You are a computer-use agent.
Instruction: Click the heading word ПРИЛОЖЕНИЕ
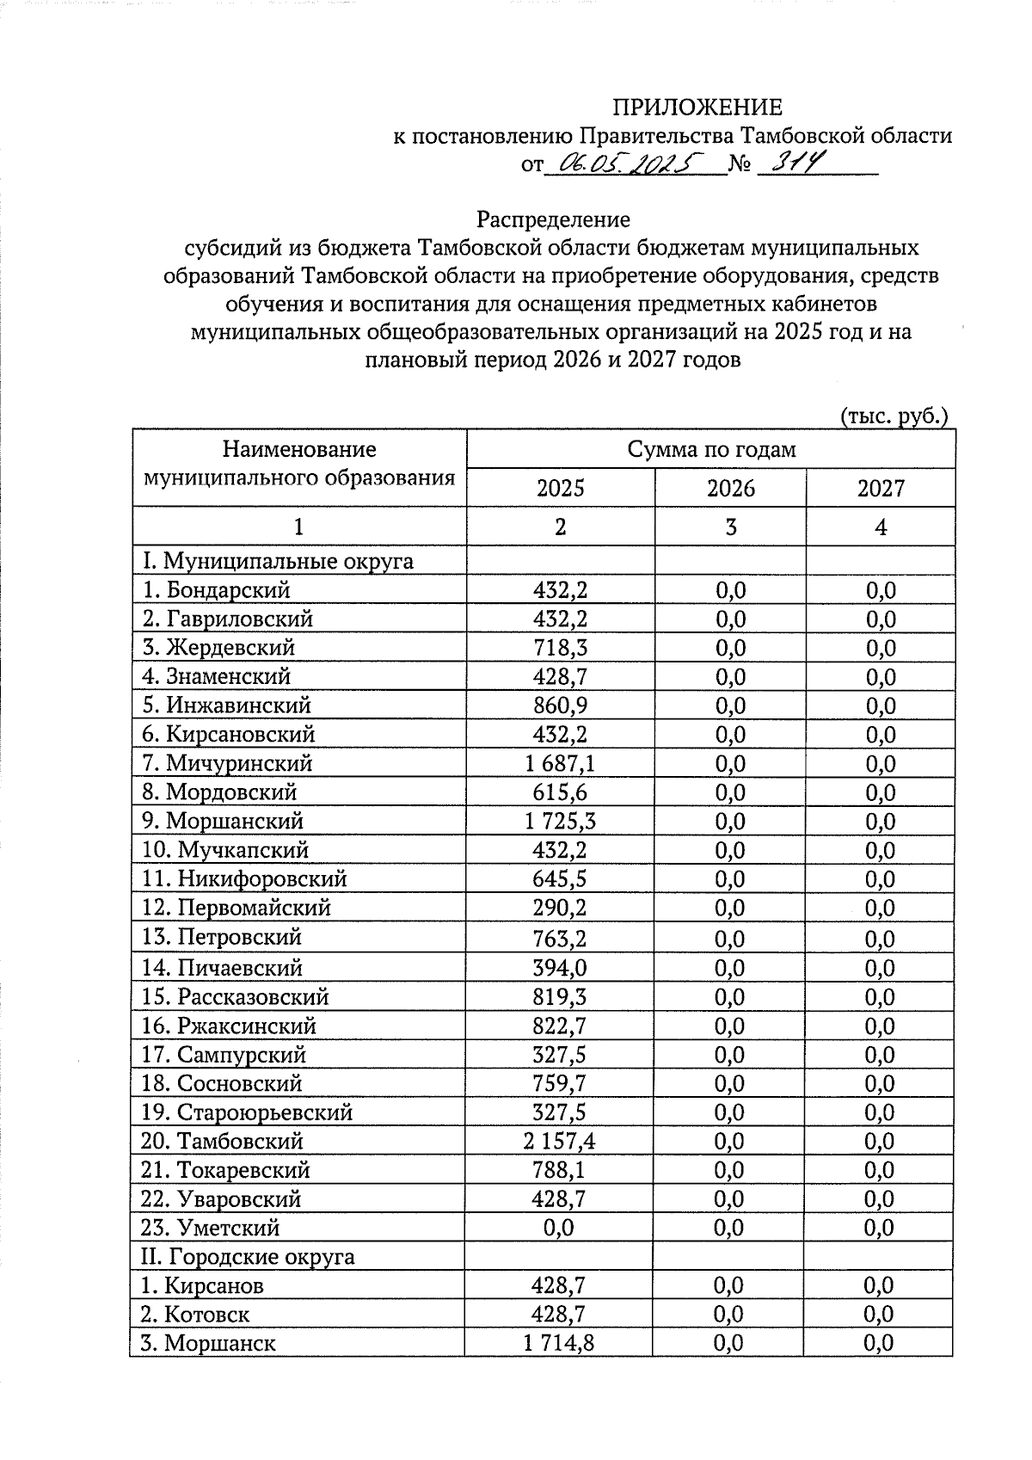(x=697, y=107)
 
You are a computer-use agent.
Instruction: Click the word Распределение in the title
(x=554, y=219)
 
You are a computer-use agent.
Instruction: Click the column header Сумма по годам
(x=710, y=449)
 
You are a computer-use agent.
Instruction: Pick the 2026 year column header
(x=730, y=489)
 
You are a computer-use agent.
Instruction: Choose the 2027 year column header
(x=881, y=489)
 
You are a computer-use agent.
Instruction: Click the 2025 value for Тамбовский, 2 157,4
(x=559, y=1141)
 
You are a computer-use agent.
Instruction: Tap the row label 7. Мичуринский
(x=227, y=763)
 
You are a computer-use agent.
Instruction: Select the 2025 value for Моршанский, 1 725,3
(x=559, y=821)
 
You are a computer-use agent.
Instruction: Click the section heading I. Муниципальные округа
(x=277, y=561)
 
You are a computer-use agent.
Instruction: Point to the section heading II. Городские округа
(x=248, y=1256)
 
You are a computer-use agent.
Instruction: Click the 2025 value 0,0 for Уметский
(x=559, y=1228)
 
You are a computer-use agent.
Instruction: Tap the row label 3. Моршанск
(x=208, y=1343)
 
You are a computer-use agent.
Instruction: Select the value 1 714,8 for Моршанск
(x=559, y=1343)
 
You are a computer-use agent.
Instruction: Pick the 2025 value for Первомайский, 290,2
(x=559, y=908)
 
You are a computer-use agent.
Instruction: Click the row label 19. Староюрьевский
(x=247, y=1112)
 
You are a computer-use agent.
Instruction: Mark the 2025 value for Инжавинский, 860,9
(x=559, y=705)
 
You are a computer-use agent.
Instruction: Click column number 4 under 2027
(x=881, y=527)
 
